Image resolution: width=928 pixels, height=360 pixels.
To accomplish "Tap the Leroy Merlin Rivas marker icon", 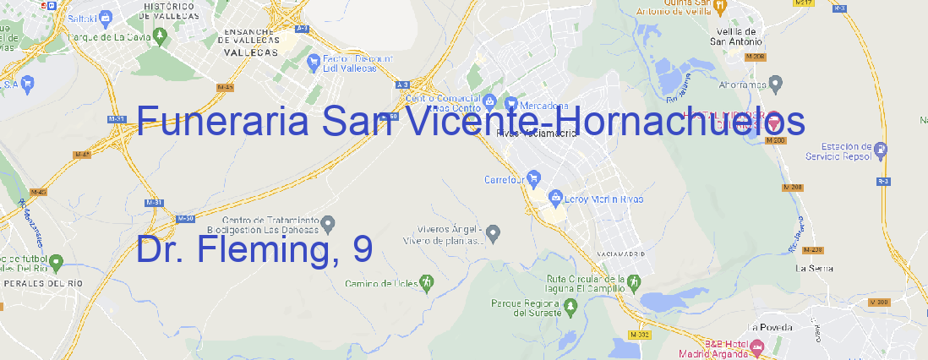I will [x=555, y=199].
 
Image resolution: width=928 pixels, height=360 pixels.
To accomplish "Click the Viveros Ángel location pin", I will [x=495, y=232].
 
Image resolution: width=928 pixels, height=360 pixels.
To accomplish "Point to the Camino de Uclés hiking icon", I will [x=428, y=281].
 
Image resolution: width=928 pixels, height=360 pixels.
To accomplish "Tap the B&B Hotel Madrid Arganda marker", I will [x=757, y=346].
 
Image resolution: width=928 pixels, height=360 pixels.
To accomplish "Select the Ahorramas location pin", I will [x=777, y=83].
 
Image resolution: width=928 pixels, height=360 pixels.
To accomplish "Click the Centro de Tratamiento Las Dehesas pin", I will [x=330, y=223].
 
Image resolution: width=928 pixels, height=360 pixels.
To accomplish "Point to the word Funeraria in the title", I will [x=221, y=122].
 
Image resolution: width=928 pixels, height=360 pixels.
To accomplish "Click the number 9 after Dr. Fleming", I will [x=363, y=249].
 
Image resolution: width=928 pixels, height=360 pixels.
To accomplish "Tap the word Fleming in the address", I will [x=275, y=249].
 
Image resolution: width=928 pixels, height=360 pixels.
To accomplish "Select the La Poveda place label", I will [x=770, y=327].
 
